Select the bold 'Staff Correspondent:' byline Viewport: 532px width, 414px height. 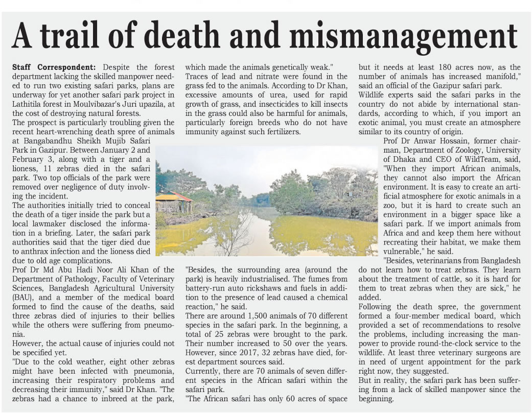(x=54, y=67)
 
